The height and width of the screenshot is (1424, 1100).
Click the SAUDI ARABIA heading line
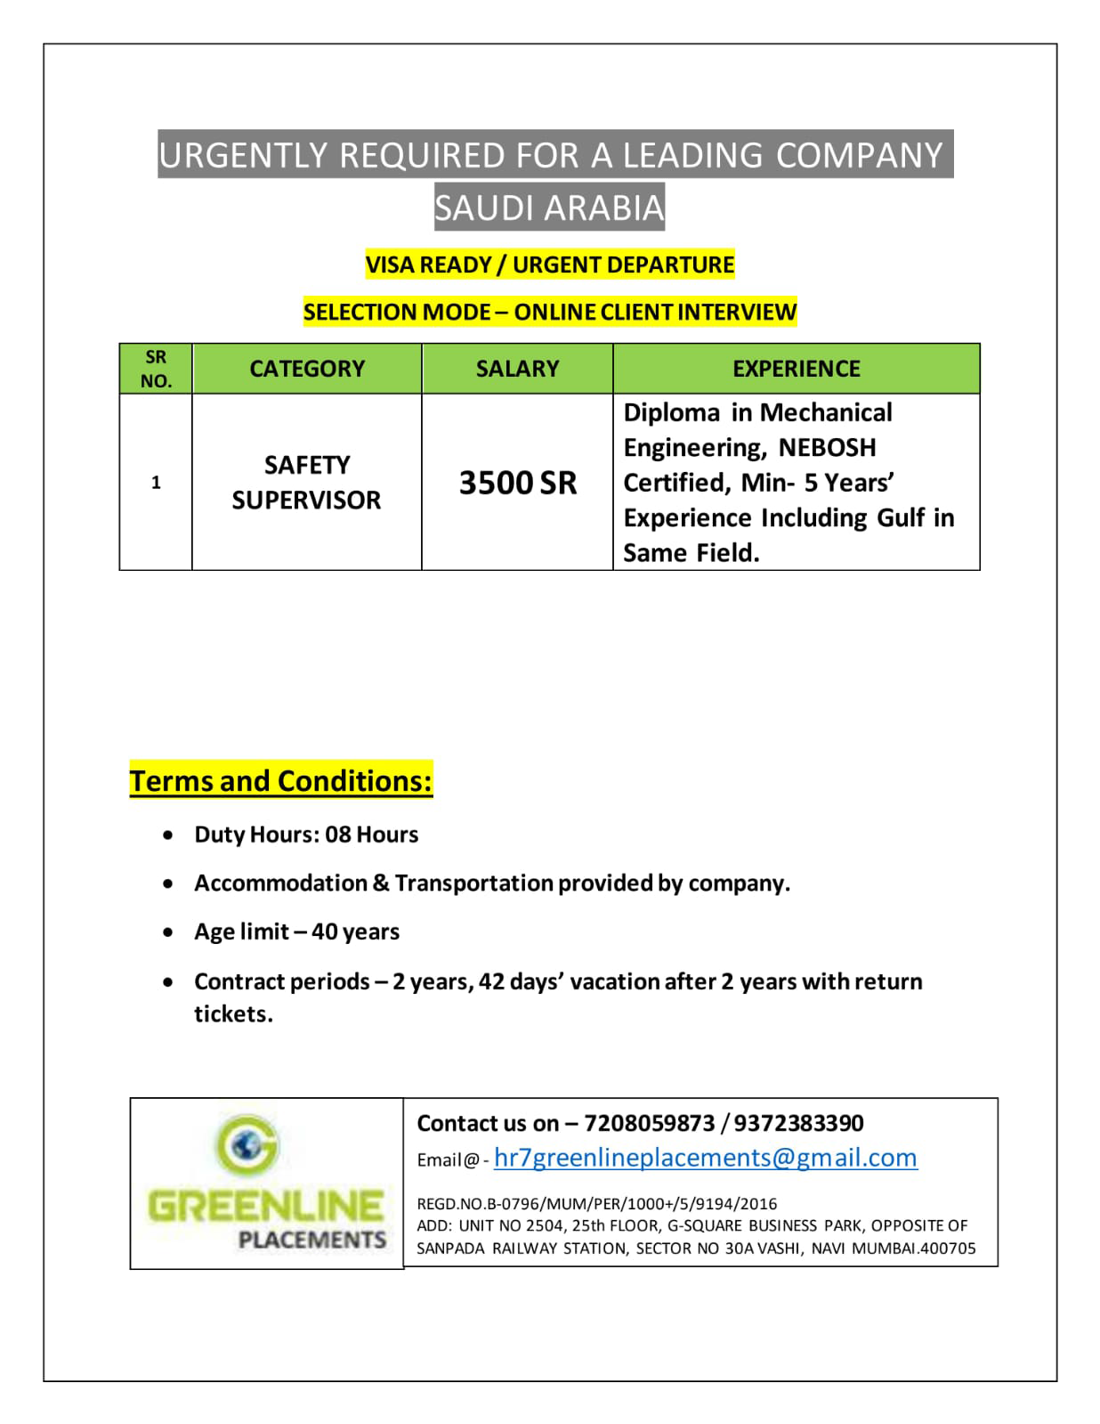pyautogui.click(x=549, y=207)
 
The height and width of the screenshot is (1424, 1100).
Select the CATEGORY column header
pyautogui.click(x=307, y=369)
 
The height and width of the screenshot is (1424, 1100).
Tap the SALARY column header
pyautogui.click(x=517, y=369)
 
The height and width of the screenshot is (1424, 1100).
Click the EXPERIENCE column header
pyautogui.click(x=796, y=369)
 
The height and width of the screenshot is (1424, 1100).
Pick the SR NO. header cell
pyautogui.click(x=156, y=369)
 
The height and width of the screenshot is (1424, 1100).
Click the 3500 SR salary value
pyautogui.click(x=517, y=483)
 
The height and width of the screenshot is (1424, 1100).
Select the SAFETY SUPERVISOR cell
pyautogui.click(x=306, y=482)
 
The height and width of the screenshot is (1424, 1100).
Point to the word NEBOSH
pyautogui.click(x=827, y=447)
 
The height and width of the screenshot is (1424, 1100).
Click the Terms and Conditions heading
pyautogui.click(x=281, y=780)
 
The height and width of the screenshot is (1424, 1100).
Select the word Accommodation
pyautogui.click(x=280, y=883)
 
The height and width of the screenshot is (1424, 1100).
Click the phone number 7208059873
pyautogui.click(x=649, y=1123)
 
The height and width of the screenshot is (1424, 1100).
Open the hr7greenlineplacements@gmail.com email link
pyautogui.click(x=705, y=1157)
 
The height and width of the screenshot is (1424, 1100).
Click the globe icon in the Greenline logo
pyautogui.click(x=247, y=1143)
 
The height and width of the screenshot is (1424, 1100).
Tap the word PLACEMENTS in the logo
pyautogui.click(x=311, y=1240)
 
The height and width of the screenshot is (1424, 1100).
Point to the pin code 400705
pyautogui.click(x=948, y=1249)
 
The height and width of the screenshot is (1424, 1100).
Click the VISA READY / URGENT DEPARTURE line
pyautogui.click(x=550, y=264)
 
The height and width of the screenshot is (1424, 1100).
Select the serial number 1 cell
pyautogui.click(x=156, y=483)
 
